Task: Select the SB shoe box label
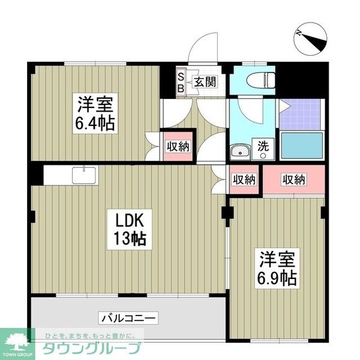[180, 82]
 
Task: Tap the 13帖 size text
[128, 238]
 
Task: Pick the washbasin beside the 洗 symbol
[241, 151]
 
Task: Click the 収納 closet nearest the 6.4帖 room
[178, 146]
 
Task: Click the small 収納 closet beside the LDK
[244, 179]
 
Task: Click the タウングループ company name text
[90, 349]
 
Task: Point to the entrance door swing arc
[204, 45]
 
